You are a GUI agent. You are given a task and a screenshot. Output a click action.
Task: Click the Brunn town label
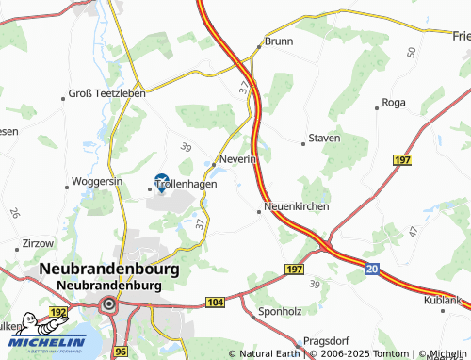[279, 41]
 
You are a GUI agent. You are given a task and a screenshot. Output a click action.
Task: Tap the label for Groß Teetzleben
[106, 94]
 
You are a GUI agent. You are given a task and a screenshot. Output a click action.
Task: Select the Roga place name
[396, 103]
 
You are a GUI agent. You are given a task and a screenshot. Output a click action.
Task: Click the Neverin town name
[238, 159]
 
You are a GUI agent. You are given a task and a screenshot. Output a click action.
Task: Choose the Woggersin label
[98, 181]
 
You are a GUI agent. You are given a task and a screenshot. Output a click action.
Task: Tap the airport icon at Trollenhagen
[161, 181]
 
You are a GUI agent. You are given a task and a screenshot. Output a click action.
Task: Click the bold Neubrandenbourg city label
[109, 269]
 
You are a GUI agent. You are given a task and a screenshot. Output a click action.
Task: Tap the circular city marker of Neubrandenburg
[109, 303]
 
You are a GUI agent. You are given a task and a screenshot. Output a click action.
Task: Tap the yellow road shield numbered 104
[216, 303]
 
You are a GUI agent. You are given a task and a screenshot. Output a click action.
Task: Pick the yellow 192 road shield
[58, 311]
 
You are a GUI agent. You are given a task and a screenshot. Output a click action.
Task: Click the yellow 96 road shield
[121, 352]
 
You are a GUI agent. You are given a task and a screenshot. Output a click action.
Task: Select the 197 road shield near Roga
[402, 163]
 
